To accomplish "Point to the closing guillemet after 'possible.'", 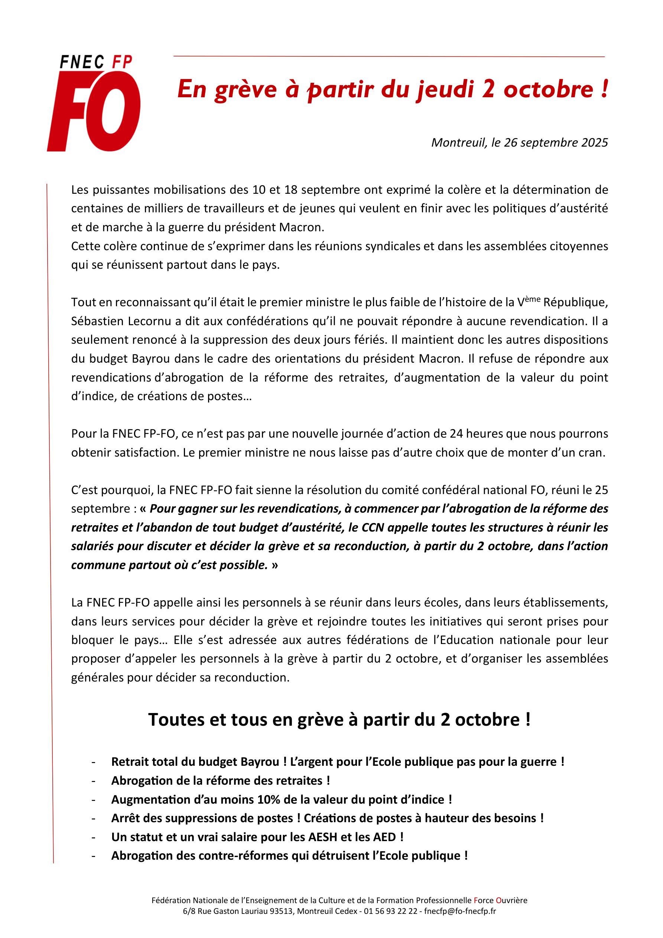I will (x=274, y=565).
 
